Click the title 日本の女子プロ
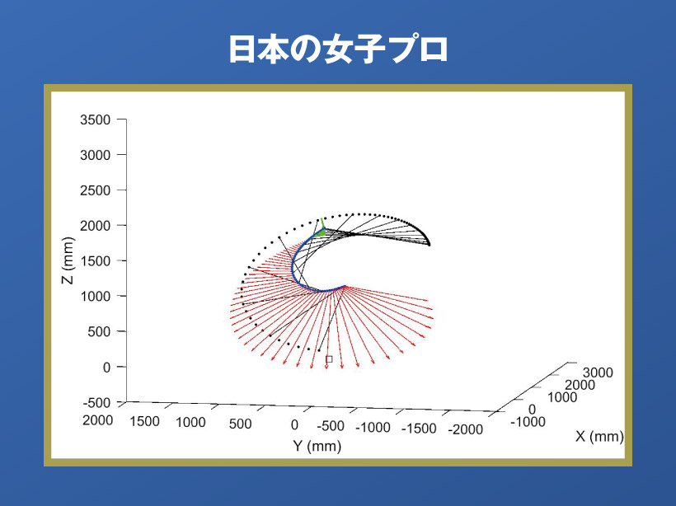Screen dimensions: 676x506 click(339, 49)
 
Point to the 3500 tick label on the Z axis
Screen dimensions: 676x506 click(96, 119)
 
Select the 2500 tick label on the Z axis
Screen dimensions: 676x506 click(96, 190)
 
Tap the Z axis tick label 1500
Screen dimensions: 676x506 click(96, 261)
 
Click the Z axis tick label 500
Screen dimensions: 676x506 click(99, 332)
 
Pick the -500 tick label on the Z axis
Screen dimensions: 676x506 click(97, 403)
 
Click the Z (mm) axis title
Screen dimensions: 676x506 click(68, 260)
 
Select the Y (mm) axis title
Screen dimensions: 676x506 click(317, 446)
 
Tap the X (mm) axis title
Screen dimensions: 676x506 click(599, 437)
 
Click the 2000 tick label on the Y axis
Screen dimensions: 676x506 click(98, 420)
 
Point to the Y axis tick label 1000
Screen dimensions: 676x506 click(190, 423)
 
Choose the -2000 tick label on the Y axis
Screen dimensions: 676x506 click(465, 429)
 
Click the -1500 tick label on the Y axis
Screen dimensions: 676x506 click(419, 429)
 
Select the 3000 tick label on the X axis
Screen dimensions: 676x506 click(598, 372)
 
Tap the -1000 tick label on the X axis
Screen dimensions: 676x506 click(528, 422)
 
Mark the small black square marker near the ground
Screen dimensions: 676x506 click(330, 359)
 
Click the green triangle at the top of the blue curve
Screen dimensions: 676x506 click(320, 232)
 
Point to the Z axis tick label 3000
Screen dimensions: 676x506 click(96, 155)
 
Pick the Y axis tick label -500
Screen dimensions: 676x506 click(331, 426)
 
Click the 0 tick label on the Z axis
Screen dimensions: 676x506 click(107, 368)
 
